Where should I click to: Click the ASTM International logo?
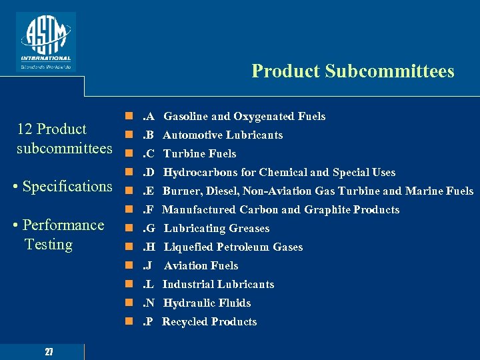click(x=46, y=41)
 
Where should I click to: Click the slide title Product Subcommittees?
click(x=353, y=71)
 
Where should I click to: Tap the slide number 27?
click(x=49, y=351)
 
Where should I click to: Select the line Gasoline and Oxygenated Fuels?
click(x=244, y=117)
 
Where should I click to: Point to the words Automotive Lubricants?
click(x=223, y=135)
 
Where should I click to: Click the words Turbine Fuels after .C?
click(x=199, y=154)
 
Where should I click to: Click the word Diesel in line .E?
click(x=223, y=191)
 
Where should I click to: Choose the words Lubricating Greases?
click(x=217, y=229)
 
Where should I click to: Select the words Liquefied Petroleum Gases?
click(x=233, y=247)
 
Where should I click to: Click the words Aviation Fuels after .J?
click(x=201, y=266)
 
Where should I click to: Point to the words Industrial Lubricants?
click(x=219, y=285)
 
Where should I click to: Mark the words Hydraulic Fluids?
click(x=207, y=303)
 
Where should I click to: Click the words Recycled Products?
click(x=209, y=322)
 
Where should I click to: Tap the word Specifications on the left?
click(x=67, y=186)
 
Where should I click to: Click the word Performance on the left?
click(x=63, y=225)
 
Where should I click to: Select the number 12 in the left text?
click(x=25, y=129)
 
